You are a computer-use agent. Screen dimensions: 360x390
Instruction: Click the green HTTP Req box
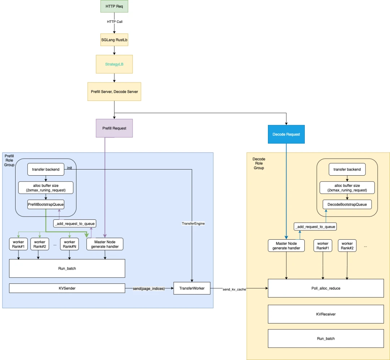coord(114,7)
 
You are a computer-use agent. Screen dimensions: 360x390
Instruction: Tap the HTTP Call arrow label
coord(114,22)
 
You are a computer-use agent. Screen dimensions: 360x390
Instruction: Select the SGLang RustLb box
coord(114,40)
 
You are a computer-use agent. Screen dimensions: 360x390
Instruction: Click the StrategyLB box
coord(114,64)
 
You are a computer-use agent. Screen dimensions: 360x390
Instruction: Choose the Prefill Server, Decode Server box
coord(114,91)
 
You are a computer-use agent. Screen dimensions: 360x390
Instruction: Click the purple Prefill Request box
coord(114,128)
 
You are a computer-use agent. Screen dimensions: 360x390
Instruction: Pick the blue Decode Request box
coord(286,134)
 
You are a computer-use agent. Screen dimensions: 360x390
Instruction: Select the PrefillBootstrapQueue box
coord(46,205)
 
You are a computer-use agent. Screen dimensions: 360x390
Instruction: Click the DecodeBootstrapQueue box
coord(347,205)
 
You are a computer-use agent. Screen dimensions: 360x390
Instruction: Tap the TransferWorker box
coord(192,288)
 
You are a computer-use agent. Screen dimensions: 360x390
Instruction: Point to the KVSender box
coord(67,288)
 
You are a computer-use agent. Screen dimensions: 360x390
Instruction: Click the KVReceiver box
coord(326,314)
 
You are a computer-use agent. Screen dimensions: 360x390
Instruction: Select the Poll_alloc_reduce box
coord(326,288)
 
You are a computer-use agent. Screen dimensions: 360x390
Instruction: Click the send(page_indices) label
coord(149,288)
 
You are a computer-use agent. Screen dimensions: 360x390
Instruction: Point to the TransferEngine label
coord(193,224)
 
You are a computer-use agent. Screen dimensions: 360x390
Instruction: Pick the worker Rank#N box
coord(69,244)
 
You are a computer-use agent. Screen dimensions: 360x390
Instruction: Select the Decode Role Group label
coord(259,163)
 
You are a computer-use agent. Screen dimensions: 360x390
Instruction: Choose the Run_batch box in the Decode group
coord(326,339)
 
